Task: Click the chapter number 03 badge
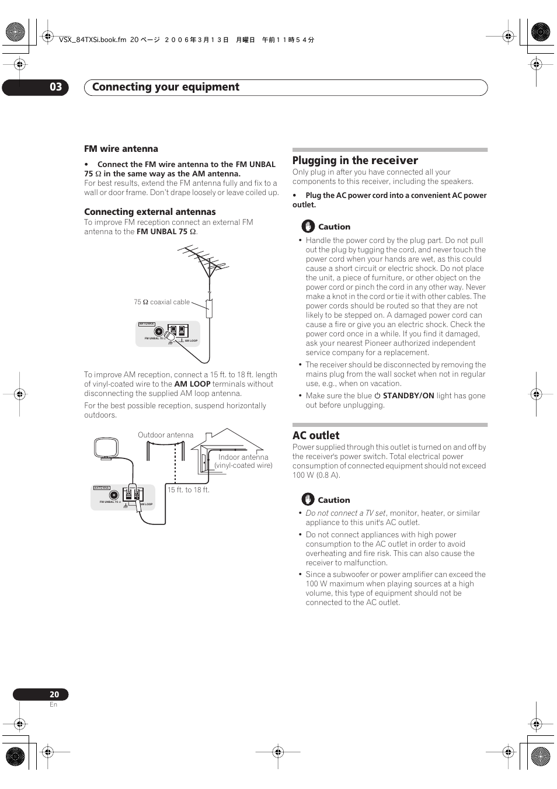coord(55,87)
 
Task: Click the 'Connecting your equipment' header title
coord(166,87)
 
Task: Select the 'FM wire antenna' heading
coord(121,149)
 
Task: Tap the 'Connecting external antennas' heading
coord(150,212)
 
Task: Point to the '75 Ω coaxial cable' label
coord(162,302)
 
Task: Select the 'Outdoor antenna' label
coord(165,435)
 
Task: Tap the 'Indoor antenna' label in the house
coord(243,457)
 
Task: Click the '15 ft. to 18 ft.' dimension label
coord(189,490)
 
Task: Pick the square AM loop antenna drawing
coord(106,449)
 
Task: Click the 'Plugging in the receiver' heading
coord(355,161)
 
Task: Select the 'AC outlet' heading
coord(316,436)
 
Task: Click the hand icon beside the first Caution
coord(308,227)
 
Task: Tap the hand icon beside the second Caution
coord(308,500)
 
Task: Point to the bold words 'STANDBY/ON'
coord(408,396)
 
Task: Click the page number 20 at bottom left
coord(54,694)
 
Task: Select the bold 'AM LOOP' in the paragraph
coord(192,384)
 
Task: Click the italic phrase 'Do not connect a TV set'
coord(346,513)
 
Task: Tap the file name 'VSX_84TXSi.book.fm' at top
coord(92,40)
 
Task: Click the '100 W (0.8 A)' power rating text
coord(316,475)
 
